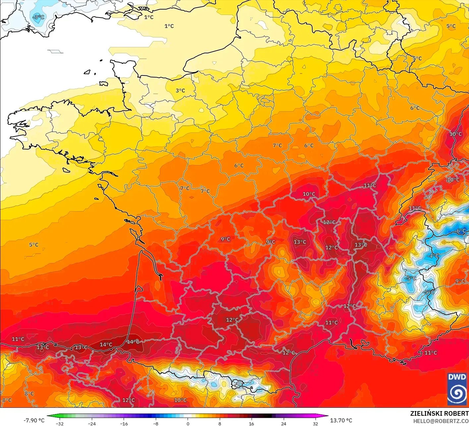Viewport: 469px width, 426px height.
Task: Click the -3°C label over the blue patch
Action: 38,17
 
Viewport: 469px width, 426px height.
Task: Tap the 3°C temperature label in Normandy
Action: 180,90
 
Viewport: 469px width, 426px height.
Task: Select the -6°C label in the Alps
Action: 461,231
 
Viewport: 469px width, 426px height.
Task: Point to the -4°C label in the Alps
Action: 433,256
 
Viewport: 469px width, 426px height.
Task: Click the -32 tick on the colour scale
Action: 59,423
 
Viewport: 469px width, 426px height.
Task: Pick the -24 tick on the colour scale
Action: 91,423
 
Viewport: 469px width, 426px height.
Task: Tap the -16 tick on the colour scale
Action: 124,423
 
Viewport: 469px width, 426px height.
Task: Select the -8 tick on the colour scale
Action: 156,423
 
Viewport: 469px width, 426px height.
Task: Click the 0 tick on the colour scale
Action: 188,423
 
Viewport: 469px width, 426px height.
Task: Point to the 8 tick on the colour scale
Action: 220,423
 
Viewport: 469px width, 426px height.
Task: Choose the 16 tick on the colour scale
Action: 252,423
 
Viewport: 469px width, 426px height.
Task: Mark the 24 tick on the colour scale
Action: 284,423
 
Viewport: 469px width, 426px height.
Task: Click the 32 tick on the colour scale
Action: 316,423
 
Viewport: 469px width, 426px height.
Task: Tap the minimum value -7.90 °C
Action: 34,420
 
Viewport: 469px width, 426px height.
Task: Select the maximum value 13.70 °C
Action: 341,420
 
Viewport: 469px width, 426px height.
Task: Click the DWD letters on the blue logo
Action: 457,377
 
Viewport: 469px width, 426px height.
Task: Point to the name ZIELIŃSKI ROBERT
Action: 439,413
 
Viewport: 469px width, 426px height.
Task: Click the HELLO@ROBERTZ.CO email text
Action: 441,421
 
